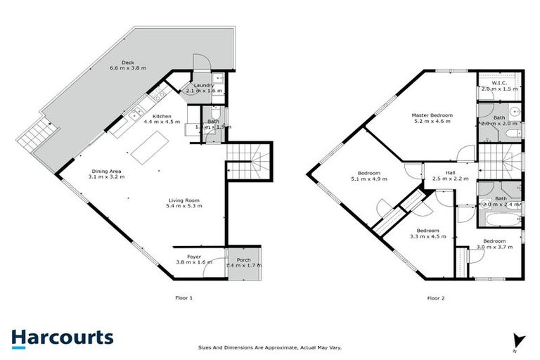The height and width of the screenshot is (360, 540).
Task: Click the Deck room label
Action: (x=127, y=63)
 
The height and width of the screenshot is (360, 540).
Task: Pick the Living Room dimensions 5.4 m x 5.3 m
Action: (x=184, y=206)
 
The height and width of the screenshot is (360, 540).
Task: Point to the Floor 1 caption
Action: (x=184, y=298)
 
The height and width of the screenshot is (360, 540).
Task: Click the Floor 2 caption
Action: (x=436, y=298)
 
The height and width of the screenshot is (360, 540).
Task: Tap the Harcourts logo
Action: (x=62, y=337)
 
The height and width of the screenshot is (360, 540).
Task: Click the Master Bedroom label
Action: (x=432, y=115)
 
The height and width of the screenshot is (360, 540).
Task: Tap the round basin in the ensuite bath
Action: (x=514, y=110)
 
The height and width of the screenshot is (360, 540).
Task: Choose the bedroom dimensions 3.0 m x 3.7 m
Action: (x=494, y=247)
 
